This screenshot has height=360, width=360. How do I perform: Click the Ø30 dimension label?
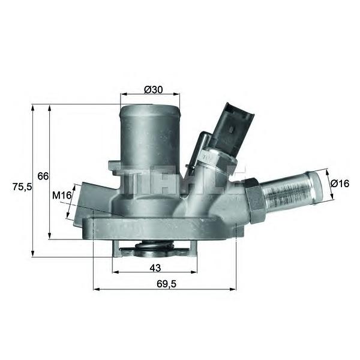click(x=153, y=89)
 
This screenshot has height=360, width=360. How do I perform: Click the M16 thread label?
click(x=62, y=195)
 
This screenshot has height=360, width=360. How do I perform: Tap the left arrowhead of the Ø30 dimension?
click(x=124, y=94)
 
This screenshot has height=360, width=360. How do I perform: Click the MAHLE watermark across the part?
click(x=180, y=180)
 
